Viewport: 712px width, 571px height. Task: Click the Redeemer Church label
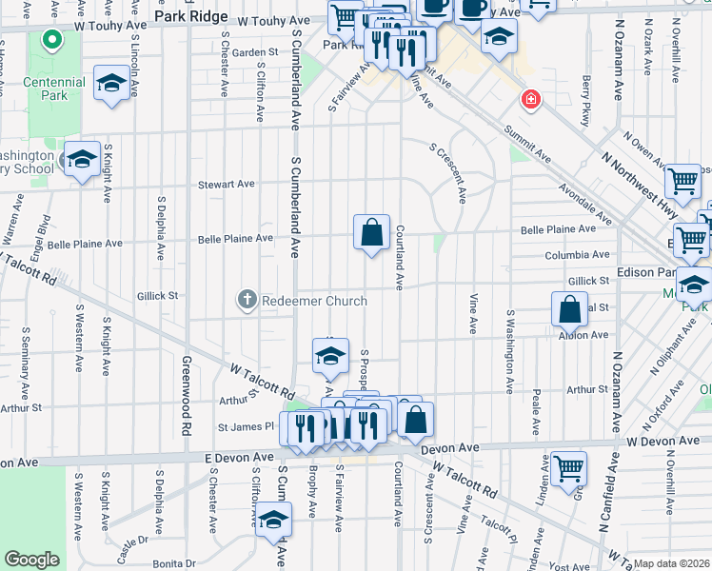coord(315,301)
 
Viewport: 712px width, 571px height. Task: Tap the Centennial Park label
coord(53,89)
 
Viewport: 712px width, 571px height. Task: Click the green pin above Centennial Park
coord(51,41)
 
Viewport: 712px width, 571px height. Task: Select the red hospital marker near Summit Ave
coord(528,99)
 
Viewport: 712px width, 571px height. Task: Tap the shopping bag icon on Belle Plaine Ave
coord(371,232)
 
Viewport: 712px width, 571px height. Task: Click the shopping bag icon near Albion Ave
coord(568,309)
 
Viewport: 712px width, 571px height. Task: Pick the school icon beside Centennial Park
coord(111,83)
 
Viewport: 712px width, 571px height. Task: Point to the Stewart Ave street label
coord(226,184)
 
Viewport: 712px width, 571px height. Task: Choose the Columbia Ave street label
coord(577,255)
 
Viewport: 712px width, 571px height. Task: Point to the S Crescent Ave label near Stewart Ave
coord(448,173)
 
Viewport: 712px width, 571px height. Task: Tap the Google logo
coord(32,560)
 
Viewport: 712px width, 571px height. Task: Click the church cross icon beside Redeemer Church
coord(247,301)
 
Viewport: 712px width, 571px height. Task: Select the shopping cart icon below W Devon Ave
coord(568,467)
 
